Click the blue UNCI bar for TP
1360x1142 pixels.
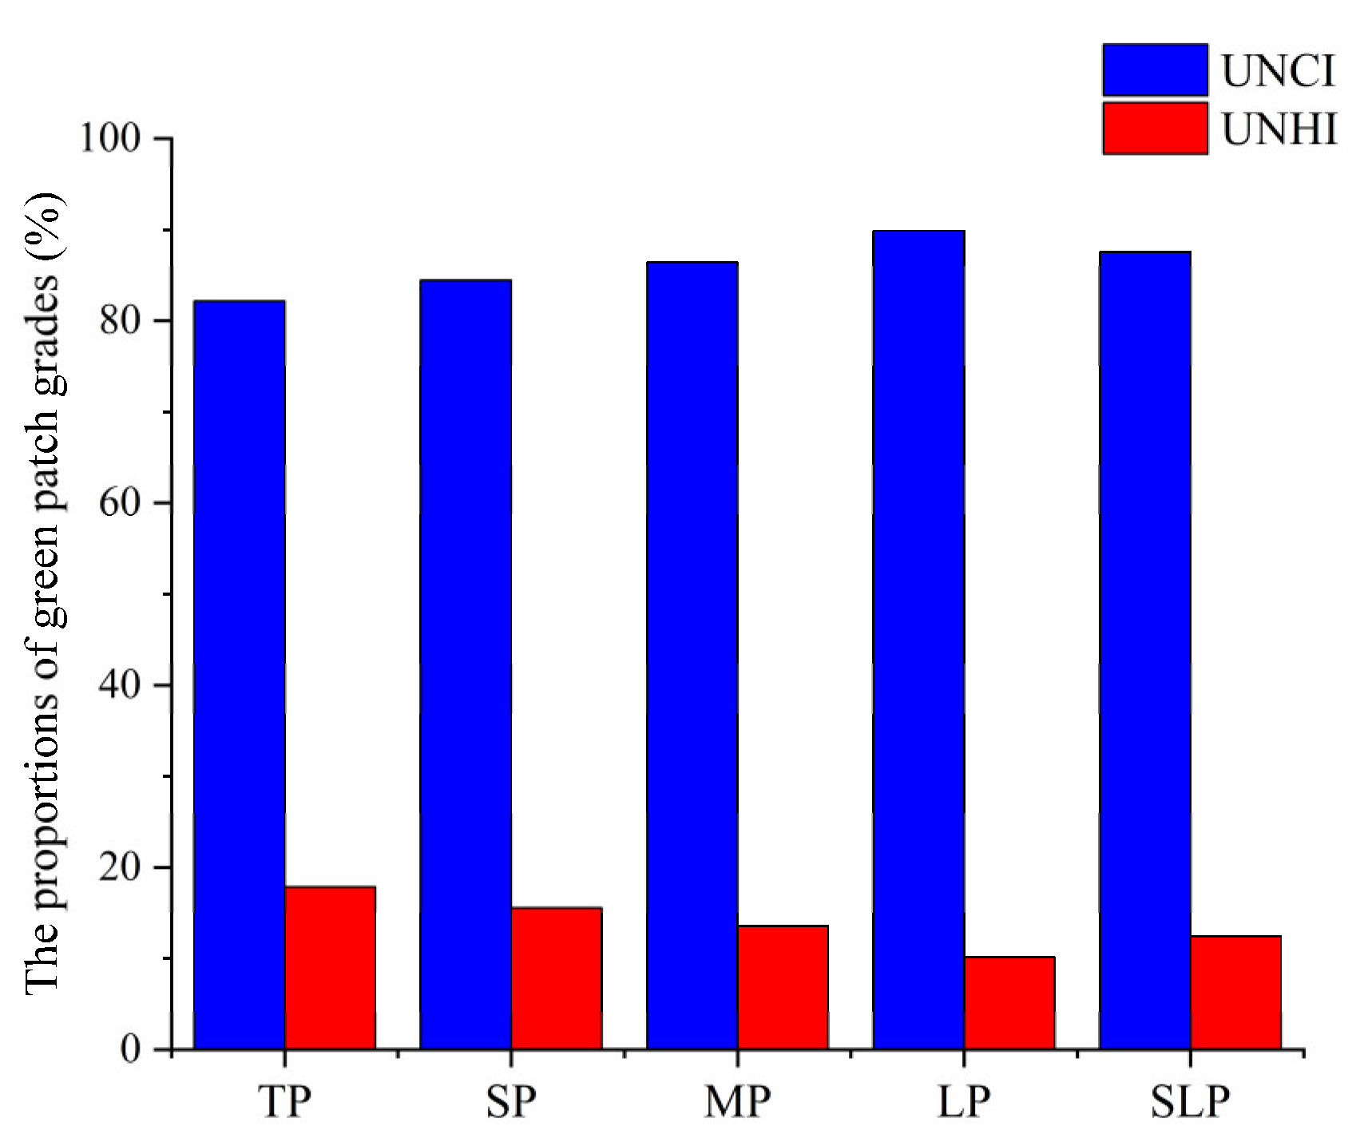pyautogui.click(x=239, y=675)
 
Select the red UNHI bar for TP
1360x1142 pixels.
pyautogui.click(x=330, y=967)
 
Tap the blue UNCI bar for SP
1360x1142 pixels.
pyautogui.click(x=466, y=664)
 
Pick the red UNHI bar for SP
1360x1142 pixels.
pyautogui.click(x=557, y=977)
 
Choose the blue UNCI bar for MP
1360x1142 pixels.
pyautogui.click(x=692, y=655)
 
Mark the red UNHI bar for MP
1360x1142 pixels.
pyautogui.click(x=783, y=987)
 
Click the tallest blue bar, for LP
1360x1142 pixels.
pyautogui.click(x=918, y=639)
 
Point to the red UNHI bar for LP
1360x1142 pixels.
pyautogui.click(x=1009, y=1002)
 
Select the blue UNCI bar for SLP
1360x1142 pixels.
pyautogui.click(x=1145, y=650)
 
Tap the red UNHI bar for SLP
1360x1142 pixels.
pyautogui.click(x=1235, y=992)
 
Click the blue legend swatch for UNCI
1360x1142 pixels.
pyautogui.click(x=1155, y=70)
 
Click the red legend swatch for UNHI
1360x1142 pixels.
pyautogui.click(x=1155, y=128)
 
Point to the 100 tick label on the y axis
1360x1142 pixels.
pyautogui.click(x=109, y=138)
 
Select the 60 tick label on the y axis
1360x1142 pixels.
pyautogui.click(x=120, y=503)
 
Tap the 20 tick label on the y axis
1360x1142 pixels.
pyautogui.click(x=120, y=867)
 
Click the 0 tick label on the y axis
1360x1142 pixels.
pyautogui.click(x=130, y=1049)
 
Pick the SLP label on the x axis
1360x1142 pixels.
pyautogui.click(x=1190, y=1102)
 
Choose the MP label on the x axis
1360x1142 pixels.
pyautogui.click(x=737, y=1102)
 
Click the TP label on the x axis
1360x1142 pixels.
pyautogui.click(x=284, y=1102)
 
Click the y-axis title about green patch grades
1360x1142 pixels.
pyautogui.click(x=44, y=591)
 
